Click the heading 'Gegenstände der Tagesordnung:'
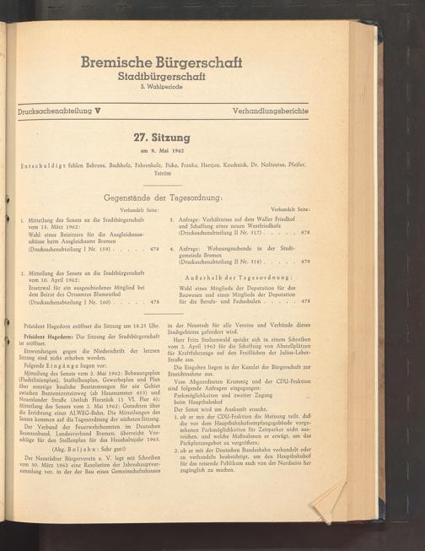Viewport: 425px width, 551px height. pyautogui.click(x=162, y=197)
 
